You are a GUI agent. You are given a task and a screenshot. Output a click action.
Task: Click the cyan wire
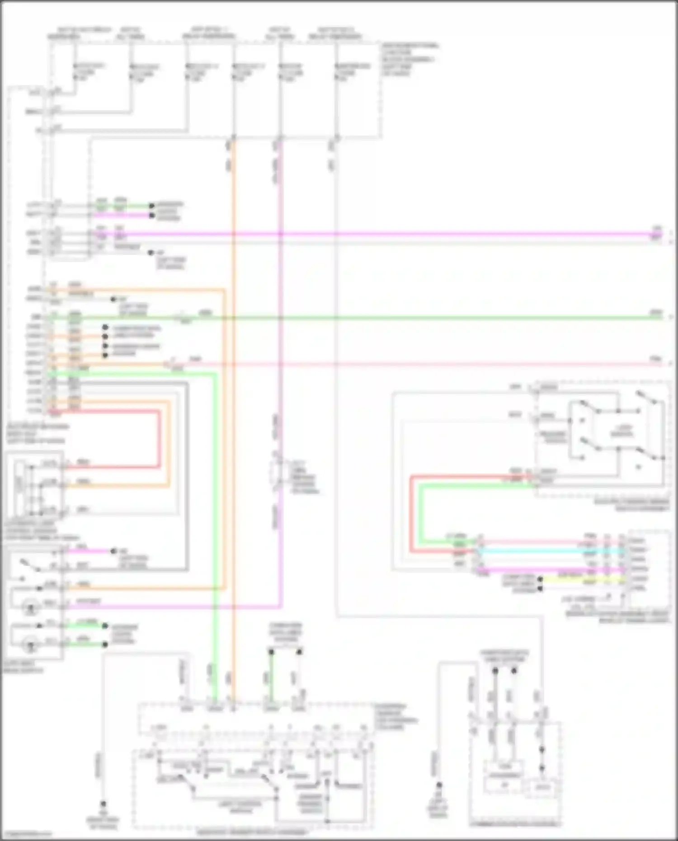coord(542,550)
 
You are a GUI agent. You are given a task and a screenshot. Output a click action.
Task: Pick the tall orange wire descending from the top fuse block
coord(234,407)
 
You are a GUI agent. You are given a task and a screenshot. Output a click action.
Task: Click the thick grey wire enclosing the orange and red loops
coord(187,475)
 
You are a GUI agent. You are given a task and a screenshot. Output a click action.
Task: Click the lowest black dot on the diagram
coord(103,804)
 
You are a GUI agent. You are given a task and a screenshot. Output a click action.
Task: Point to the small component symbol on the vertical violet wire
coord(276,473)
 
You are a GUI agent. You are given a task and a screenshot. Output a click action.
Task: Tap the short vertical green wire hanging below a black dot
coord(271,678)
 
